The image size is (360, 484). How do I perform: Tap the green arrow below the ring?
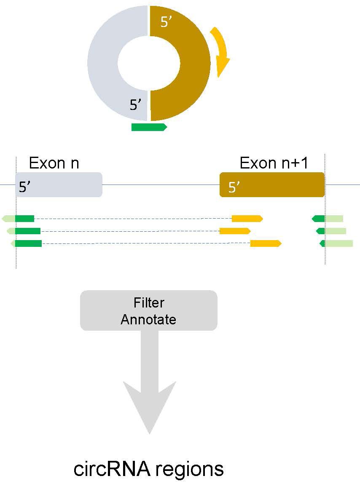(149, 127)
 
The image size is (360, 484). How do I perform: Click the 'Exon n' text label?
(54, 163)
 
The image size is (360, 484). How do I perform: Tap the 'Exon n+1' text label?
(274, 163)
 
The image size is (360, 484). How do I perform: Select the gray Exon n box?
(59, 185)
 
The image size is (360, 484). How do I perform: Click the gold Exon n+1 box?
(272, 185)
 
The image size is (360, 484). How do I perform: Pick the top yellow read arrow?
(247, 218)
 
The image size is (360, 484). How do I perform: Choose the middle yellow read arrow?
(235, 231)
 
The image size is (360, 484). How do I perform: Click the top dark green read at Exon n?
(24, 218)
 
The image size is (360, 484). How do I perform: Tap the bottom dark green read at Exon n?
(28, 243)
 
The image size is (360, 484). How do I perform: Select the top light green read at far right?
(334, 218)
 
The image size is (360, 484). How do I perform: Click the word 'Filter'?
(149, 303)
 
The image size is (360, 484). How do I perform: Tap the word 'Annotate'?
(148, 319)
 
